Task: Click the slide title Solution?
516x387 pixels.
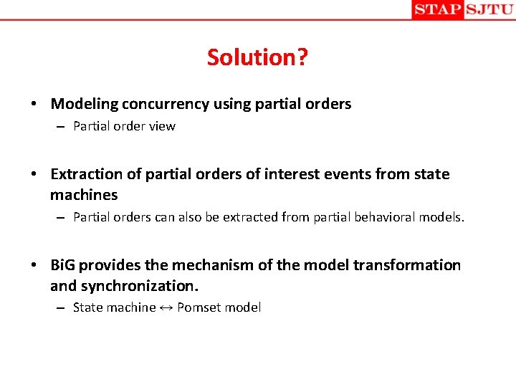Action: [257, 57]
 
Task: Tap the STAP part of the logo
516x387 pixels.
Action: [437, 9]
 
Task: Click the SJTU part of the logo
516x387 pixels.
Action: [489, 9]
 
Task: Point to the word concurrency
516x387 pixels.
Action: [166, 104]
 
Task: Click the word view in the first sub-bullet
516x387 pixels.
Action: [163, 127]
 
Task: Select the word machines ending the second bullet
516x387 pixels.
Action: [84, 195]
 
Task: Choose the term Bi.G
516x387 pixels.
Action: [63, 265]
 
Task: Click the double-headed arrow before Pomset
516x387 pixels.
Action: [166, 308]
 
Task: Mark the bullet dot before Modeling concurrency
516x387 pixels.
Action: [34, 105]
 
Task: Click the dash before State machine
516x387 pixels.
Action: [62, 308]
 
